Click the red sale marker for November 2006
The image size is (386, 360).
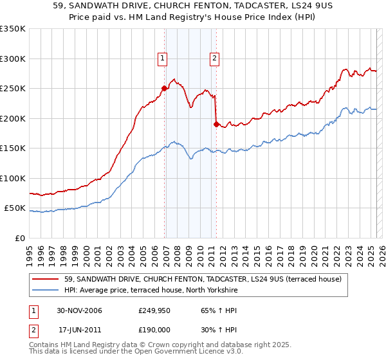[x=165, y=89]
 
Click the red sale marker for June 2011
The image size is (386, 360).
[x=216, y=124]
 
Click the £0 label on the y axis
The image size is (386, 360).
[x=19, y=238]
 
